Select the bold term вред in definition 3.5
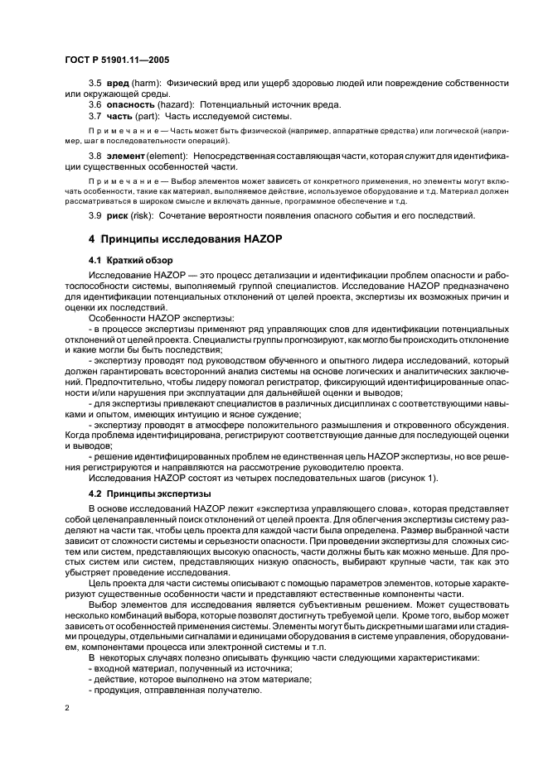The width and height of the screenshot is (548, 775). point(119,84)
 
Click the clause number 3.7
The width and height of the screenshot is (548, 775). point(95,116)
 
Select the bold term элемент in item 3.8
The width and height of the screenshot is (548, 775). point(127,156)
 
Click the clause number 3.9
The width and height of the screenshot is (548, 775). point(95,216)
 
